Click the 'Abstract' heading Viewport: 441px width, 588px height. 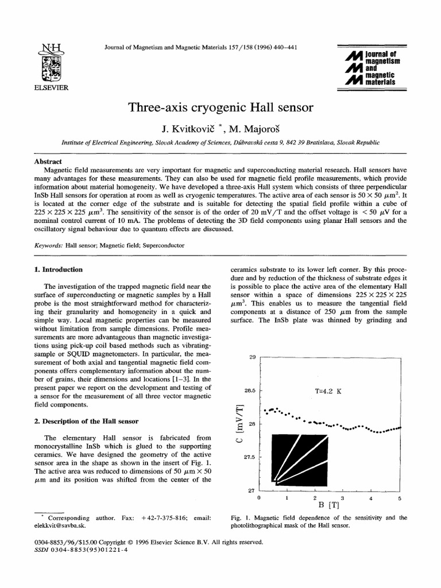[x=48, y=162]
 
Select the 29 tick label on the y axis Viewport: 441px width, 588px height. [x=252, y=358]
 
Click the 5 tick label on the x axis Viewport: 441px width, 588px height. [x=400, y=498]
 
